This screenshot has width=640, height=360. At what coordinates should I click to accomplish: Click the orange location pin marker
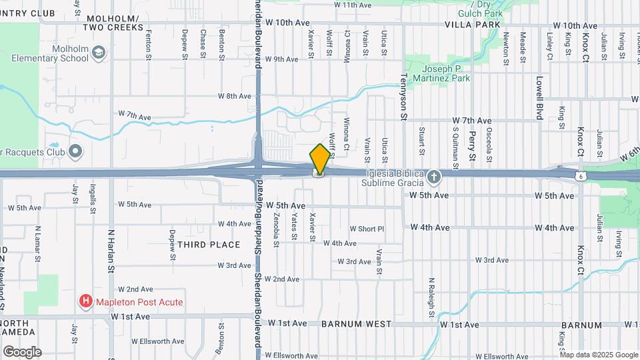(x=320, y=159)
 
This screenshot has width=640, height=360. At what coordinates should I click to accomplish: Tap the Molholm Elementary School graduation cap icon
(x=99, y=51)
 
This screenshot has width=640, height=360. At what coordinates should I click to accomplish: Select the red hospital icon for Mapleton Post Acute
(x=85, y=302)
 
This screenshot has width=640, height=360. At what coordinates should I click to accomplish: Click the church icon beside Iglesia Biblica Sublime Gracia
(x=434, y=177)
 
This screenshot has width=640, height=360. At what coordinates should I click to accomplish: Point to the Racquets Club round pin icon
(x=75, y=151)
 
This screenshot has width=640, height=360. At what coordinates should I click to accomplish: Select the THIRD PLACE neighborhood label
(x=209, y=245)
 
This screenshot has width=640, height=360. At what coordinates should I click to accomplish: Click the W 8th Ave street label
(x=234, y=96)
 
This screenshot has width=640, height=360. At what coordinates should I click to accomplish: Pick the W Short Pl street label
(x=367, y=229)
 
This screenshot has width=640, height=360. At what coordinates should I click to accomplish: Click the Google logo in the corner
(x=22, y=352)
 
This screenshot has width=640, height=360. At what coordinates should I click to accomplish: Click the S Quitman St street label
(x=456, y=147)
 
